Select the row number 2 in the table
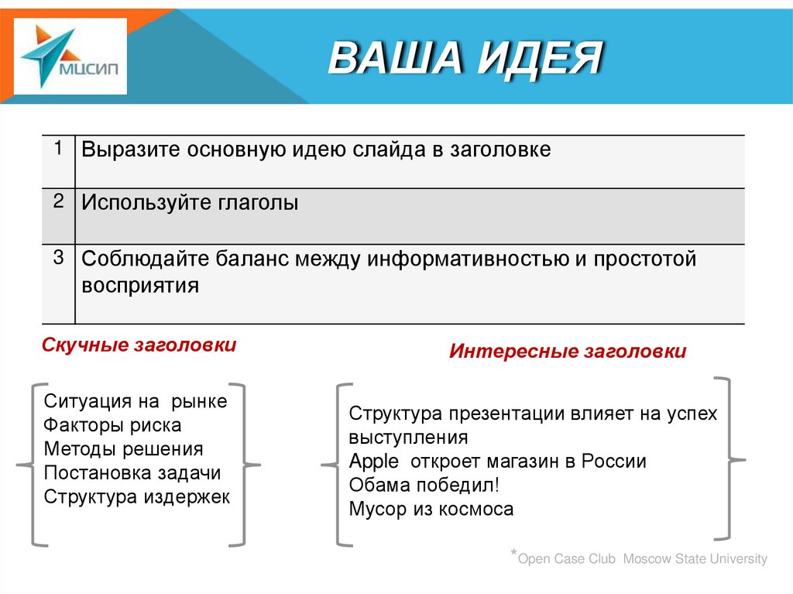click(58, 201)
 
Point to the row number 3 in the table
click(58, 257)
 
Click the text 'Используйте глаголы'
click(190, 204)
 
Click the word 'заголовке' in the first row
click(499, 150)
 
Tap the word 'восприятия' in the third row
click(140, 285)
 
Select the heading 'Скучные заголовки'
click(139, 345)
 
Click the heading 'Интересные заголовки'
click(568, 352)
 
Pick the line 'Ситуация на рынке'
click(136, 401)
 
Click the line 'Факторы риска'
click(112, 425)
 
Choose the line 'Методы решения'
click(123, 449)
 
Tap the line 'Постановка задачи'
click(132, 473)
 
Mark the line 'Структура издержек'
click(137, 497)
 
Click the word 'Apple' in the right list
click(373, 462)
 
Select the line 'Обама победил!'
click(424, 486)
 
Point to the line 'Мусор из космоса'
click(431, 510)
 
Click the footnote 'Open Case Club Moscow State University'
click(642, 559)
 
